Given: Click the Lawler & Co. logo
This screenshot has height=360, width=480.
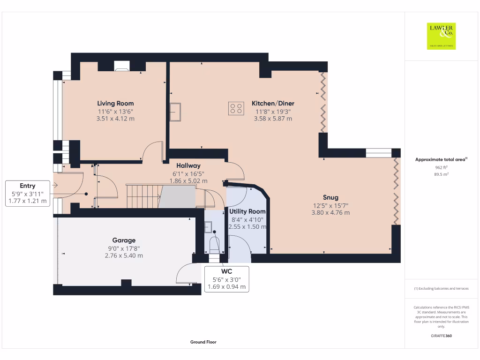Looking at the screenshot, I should pyautogui.click(x=442, y=36).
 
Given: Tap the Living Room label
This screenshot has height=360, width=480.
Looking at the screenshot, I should pyautogui.click(x=115, y=103).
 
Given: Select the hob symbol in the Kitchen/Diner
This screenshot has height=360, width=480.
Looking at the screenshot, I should pyautogui.click(x=236, y=108).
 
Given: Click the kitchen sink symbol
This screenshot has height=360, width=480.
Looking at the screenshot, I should pyautogui.click(x=175, y=112).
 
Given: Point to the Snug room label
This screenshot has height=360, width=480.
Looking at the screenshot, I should pyautogui.click(x=330, y=197).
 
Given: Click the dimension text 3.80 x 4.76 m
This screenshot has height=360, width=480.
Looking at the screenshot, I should pyautogui.click(x=330, y=212).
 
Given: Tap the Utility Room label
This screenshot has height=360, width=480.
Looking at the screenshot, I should pyautogui.click(x=247, y=211).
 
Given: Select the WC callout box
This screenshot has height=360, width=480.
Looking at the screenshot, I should pyautogui.click(x=226, y=279).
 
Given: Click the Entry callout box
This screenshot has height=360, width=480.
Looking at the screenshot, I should pyautogui.click(x=28, y=193).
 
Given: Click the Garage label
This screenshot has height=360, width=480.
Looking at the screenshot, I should pyautogui.click(x=124, y=240).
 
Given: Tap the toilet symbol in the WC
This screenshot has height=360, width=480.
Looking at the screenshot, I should pyautogui.click(x=214, y=245).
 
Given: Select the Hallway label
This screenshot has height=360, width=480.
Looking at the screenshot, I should pyautogui.click(x=188, y=165).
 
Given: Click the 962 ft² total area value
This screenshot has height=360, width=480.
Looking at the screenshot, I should pyautogui.click(x=442, y=167).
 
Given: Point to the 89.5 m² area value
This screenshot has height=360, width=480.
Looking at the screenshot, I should pyautogui.click(x=442, y=174).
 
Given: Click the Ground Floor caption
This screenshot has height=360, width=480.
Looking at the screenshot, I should pyautogui.click(x=203, y=342).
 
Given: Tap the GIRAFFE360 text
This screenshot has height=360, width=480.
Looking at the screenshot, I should pyautogui.click(x=442, y=336).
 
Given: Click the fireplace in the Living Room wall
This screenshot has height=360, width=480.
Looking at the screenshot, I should pyautogui.click(x=123, y=66).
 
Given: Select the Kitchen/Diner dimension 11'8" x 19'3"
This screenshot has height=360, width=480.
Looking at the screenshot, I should pyautogui.click(x=273, y=112).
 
